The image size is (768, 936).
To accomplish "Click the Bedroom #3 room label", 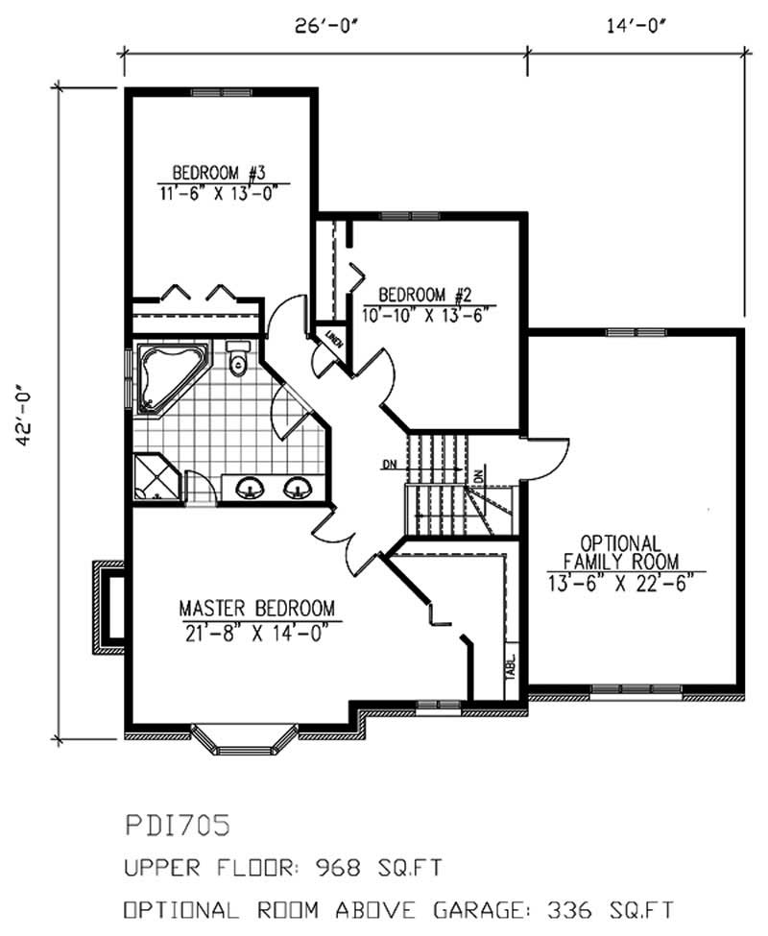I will [218, 173].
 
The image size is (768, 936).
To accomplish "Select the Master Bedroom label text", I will [257, 608].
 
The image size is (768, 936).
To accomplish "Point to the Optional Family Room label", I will [621, 552].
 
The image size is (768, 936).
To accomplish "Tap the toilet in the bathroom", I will [238, 357].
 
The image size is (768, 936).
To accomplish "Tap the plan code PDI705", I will [178, 825].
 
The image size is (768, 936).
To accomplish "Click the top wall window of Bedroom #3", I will [220, 92].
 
